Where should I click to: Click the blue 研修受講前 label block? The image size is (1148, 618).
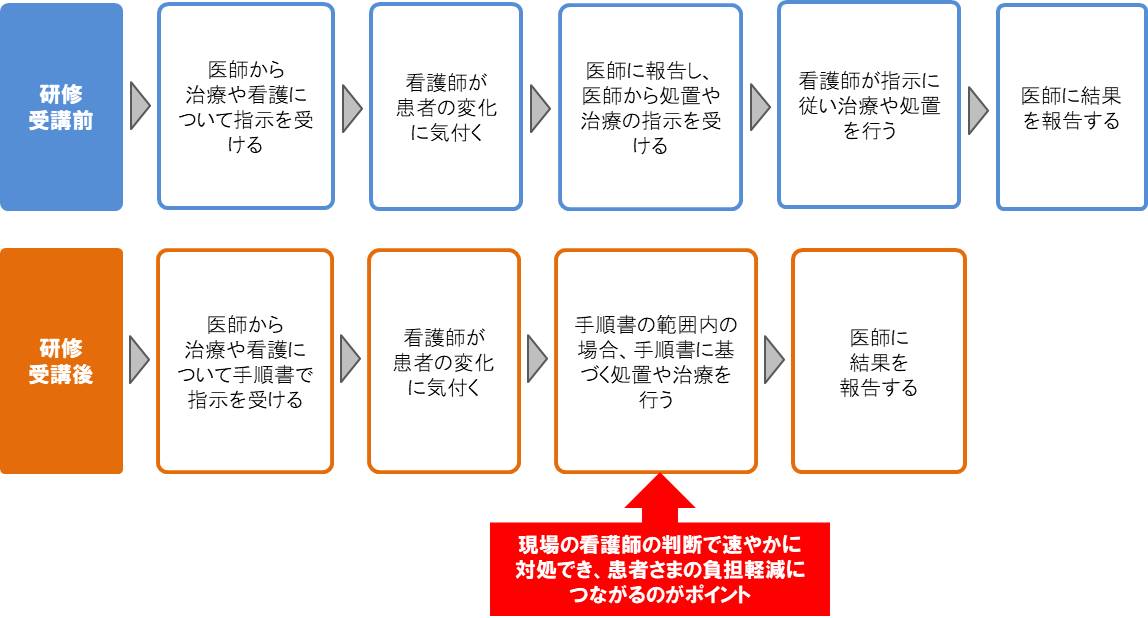tap(62, 107)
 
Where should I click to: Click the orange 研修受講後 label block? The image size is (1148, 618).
tap(62, 361)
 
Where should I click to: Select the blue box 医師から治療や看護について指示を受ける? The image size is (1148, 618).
tap(246, 107)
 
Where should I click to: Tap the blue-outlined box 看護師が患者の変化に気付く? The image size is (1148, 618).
tap(446, 107)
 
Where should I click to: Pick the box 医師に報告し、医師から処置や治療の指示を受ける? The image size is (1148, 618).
tap(650, 108)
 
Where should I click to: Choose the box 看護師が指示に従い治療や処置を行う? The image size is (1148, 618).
tap(869, 105)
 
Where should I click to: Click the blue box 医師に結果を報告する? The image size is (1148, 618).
tap(1072, 107)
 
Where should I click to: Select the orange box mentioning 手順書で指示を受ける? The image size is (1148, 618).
tap(245, 361)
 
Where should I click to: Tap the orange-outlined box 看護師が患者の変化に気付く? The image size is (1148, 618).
tap(444, 361)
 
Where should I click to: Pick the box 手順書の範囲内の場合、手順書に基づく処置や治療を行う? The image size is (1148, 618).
tap(656, 361)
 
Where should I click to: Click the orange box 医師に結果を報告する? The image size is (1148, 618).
tap(879, 361)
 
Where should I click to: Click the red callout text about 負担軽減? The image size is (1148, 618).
tap(660, 569)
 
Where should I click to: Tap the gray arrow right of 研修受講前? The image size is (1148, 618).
tap(140, 106)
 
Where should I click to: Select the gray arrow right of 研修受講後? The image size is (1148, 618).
tap(139, 360)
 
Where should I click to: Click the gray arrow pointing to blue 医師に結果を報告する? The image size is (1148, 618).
tap(978, 111)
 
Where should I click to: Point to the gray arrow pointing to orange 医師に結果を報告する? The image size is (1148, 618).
tap(775, 360)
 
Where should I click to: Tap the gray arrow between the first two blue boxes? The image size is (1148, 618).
tap(352, 108)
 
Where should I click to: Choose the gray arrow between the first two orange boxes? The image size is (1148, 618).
tap(351, 360)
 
